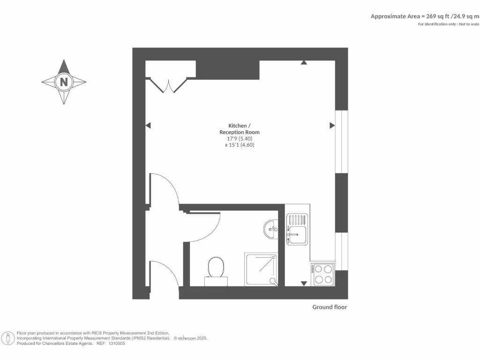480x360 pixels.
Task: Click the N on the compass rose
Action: [64, 82]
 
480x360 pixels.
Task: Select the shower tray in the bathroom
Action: [261, 269]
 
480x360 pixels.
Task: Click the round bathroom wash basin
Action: [271, 229]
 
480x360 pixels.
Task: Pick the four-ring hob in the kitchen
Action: [322, 274]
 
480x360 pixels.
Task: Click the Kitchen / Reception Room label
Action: [240, 129]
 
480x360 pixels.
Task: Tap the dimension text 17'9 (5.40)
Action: [240, 139]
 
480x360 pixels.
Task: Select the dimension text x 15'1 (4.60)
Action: [240, 145]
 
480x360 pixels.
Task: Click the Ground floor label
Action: [330, 307]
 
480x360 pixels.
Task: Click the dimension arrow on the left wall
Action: [148, 125]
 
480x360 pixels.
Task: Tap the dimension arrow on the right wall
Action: [332, 125]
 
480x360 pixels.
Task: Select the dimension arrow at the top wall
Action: [304, 62]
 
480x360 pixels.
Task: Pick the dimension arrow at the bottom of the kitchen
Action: [304, 283]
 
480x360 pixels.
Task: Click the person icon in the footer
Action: [8, 338]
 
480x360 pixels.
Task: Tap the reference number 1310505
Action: [116, 344]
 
